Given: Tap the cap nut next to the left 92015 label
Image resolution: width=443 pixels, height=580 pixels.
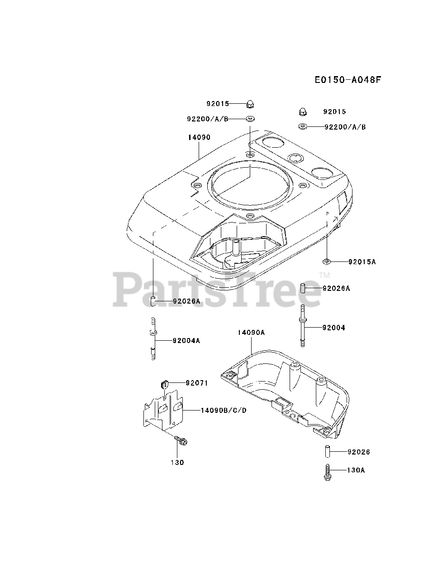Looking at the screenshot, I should [x=249, y=104].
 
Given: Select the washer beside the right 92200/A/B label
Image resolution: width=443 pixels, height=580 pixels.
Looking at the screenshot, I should [x=303, y=126].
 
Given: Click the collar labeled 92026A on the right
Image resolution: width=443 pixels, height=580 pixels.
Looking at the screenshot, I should [x=304, y=288].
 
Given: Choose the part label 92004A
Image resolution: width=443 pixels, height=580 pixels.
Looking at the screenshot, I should [x=186, y=340].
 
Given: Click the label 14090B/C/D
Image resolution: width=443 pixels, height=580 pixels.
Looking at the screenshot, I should [x=224, y=411].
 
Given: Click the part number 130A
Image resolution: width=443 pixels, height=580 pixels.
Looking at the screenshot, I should [x=356, y=470].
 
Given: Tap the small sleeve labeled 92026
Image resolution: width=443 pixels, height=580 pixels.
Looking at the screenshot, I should [x=327, y=452].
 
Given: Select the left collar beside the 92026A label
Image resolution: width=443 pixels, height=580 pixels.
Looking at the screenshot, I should [x=153, y=300].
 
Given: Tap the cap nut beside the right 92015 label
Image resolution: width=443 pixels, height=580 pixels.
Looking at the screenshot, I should [x=303, y=111].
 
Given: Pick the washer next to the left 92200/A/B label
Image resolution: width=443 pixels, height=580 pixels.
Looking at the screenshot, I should [x=249, y=119].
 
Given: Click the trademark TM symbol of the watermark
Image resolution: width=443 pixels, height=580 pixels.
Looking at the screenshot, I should [x=324, y=275].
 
